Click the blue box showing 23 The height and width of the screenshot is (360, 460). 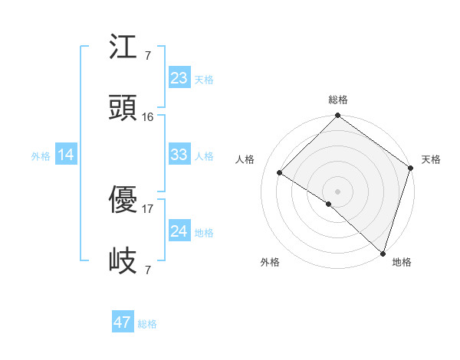[x=179, y=78]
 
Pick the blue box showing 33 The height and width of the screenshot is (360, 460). [x=179, y=155]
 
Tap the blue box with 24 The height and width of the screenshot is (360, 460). [x=179, y=231]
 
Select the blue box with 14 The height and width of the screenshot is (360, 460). [x=65, y=155]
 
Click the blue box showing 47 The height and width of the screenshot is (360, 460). [x=123, y=322]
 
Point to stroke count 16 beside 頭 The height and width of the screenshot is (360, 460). [x=148, y=117]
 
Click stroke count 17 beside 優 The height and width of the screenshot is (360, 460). [x=148, y=208]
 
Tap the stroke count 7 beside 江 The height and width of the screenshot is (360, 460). [x=147, y=55]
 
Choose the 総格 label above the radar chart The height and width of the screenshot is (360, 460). [x=337, y=100]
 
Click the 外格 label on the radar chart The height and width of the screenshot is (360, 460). [x=270, y=262]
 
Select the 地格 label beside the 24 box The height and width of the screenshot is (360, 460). [x=204, y=232]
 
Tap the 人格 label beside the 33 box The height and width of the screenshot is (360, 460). [x=204, y=155]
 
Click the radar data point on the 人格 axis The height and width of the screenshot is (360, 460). [x=280, y=172]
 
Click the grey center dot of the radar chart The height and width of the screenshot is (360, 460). [x=337, y=191]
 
